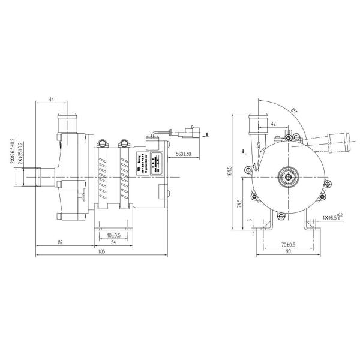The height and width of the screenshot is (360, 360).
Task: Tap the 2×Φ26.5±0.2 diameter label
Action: click(13, 153)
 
